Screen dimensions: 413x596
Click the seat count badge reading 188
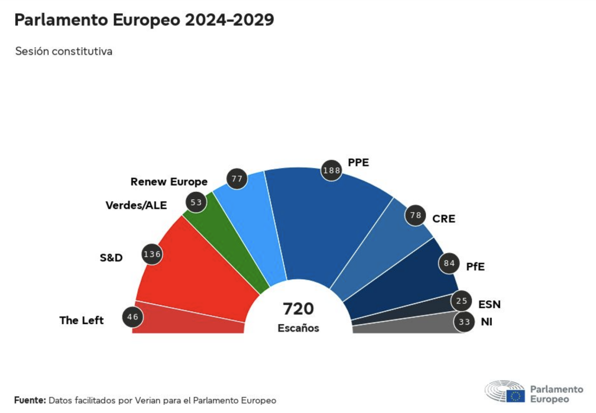click(331, 170)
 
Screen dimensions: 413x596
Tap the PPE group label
click(359, 162)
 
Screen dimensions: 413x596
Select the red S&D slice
click(198, 268)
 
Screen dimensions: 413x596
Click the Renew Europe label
click(169, 181)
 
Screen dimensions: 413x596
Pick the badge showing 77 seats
click(237, 179)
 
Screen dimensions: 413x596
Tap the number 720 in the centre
click(298, 309)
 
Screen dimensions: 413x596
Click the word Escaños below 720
click(298, 328)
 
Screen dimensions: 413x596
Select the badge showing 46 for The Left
click(133, 317)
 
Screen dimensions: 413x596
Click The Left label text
click(81, 321)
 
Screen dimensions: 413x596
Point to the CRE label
click(444, 219)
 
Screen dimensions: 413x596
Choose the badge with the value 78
click(416, 215)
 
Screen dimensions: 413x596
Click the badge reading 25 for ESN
click(462, 301)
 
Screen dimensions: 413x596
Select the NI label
click(487, 321)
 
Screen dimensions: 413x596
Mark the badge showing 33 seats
click(464, 321)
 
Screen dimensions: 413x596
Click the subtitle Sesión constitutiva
click(63, 51)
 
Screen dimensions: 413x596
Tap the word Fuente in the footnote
click(30, 400)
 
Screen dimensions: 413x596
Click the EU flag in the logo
click(515, 396)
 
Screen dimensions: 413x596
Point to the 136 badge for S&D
click(152, 254)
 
